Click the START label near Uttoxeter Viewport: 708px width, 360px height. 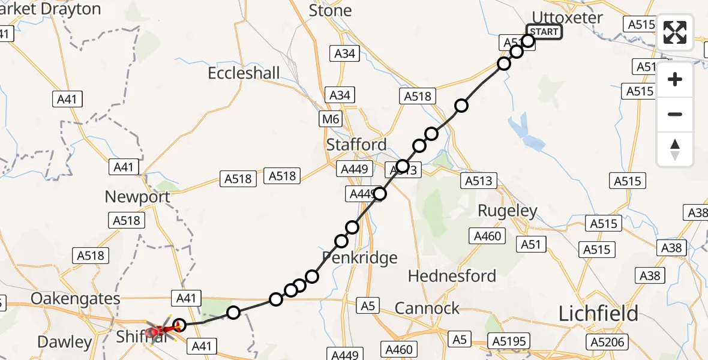pyautogui.click(x=544, y=32)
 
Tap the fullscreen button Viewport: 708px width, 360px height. pyautogui.click(x=675, y=32)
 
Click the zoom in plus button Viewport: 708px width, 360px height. pyautogui.click(x=675, y=79)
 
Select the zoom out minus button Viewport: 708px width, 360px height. pyautogui.click(x=675, y=114)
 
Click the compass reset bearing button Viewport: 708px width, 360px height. pyautogui.click(x=675, y=149)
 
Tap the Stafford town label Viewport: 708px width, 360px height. pyautogui.click(x=356, y=145)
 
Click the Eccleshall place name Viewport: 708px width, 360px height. pyautogui.click(x=244, y=73)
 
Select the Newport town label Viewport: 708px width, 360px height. pyautogui.click(x=137, y=197)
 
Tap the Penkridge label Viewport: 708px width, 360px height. pyautogui.click(x=360, y=258)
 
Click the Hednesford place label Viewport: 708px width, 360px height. pyautogui.click(x=452, y=276)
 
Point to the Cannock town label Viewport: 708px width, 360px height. pyautogui.click(x=427, y=308)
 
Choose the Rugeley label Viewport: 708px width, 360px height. pyautogui.click(x=508, y=211)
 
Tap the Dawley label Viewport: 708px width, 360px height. pyautogui.click(x=65, y=342)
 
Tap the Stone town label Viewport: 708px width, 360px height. pyautogui.click(x=330, y=11)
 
